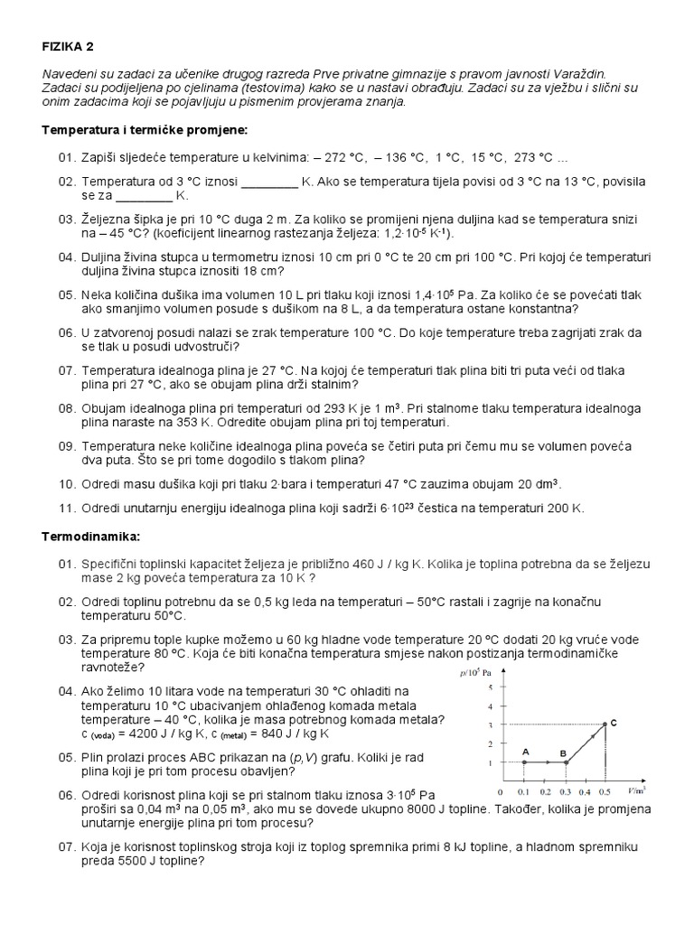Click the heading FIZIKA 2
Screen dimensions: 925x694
(68, 47)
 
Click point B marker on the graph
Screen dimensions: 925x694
(566, 762)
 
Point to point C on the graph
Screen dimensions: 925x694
(605, 724)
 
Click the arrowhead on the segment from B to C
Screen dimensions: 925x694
(588, 740)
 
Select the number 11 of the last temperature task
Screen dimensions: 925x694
(65, 509)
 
